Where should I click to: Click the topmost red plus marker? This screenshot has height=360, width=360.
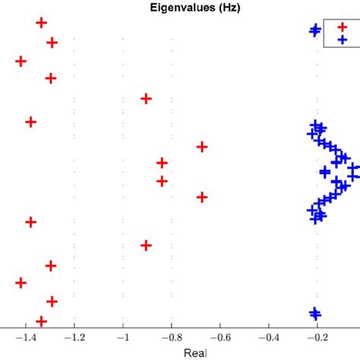tap(42, 23)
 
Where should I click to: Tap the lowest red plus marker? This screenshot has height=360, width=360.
tap(42, 322)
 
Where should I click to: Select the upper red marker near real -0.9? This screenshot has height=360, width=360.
tap(146, 99)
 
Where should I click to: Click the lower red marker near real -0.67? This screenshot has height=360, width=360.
tap(202, 197)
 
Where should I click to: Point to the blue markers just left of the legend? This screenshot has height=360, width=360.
tap(314, 30)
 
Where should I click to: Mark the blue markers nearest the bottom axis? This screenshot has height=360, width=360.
tap(314, 313)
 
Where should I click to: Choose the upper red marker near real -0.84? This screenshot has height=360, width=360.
tap(162, 163)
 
